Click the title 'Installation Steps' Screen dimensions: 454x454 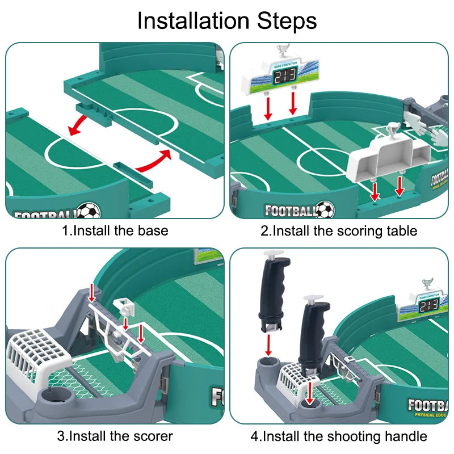pyautogui.click(x=227, y=21)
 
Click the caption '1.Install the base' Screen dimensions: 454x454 pyautogui.click(x=115, y=231)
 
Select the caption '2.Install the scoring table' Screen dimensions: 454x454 pyautogui.click(x=339, y=231)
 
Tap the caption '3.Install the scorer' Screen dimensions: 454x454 pyautogui.click(x=115, y=436)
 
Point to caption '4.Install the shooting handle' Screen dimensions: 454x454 pyautogui.click(x=339, y=436)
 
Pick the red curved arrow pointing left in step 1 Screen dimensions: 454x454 pyautogui.click(x=78, y=124)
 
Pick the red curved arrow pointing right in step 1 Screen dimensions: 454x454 pyautogui.click(x=154, y=161)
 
